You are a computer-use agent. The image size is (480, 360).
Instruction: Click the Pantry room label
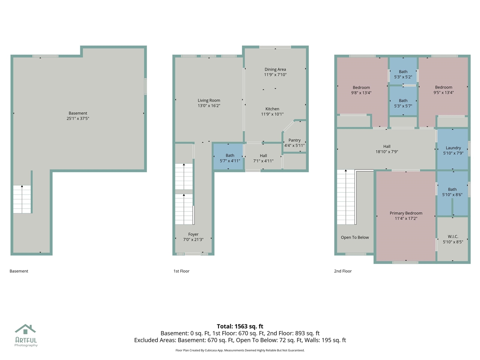tap(294, 140)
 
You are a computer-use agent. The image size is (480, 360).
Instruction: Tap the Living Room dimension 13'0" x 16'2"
tap(209, 106)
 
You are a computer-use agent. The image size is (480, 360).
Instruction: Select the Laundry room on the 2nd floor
tap(453, 150)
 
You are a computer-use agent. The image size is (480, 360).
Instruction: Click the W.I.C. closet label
tap(453, 237)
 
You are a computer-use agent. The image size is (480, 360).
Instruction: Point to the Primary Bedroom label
tap(406, 213)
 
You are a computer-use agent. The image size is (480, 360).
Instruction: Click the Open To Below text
tap(355, 237)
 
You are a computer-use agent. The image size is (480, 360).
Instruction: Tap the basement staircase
tap(22, 199)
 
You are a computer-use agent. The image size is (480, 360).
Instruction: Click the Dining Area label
tap(275, 69)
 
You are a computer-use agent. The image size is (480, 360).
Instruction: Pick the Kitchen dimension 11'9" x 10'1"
tap(272, 114)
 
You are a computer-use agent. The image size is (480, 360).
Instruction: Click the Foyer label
tap(193, 234)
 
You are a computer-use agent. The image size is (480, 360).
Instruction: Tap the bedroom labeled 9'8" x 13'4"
tap(361, 90)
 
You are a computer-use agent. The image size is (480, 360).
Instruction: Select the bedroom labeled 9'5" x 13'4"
tap(444, 90)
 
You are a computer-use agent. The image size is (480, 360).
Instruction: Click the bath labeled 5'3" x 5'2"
tap(403, 74)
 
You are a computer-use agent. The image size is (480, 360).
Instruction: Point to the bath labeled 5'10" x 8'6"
tap(452, 192)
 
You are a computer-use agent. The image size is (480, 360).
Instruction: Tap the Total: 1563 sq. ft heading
tap(240, 326)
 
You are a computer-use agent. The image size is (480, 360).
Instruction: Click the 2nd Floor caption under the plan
tap(343, 271)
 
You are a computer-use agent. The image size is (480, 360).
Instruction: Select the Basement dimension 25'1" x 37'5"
tap(78, 118)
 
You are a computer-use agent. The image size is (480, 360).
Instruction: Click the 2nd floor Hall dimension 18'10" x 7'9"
tap(387, 152)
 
